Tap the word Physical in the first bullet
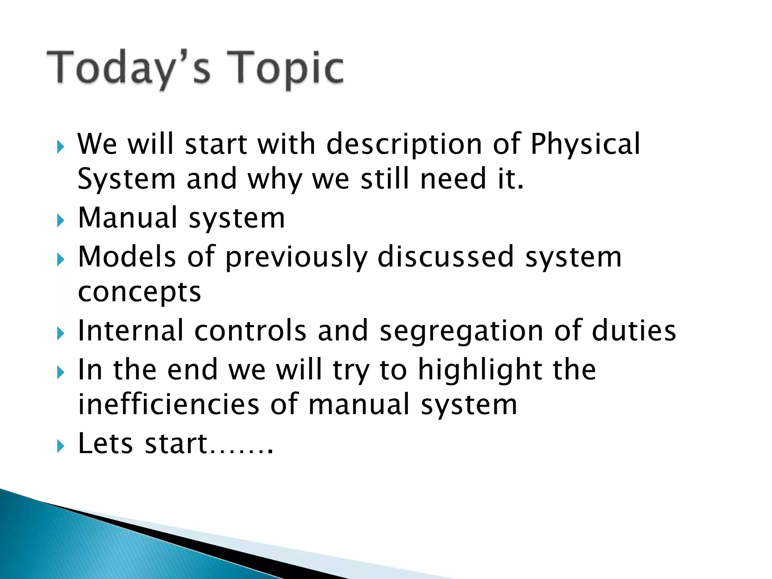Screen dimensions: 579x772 pos(585,144)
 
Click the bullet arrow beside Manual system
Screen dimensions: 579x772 pos(60,221)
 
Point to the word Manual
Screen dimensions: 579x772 pos(127,218)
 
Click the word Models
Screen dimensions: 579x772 pos(127,257)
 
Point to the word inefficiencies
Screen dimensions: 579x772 pos(168,404)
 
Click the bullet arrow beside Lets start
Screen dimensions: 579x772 pos(60,446)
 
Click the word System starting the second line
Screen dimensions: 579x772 pos(127,179)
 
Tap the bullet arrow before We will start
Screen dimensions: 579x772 pos(60,147)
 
